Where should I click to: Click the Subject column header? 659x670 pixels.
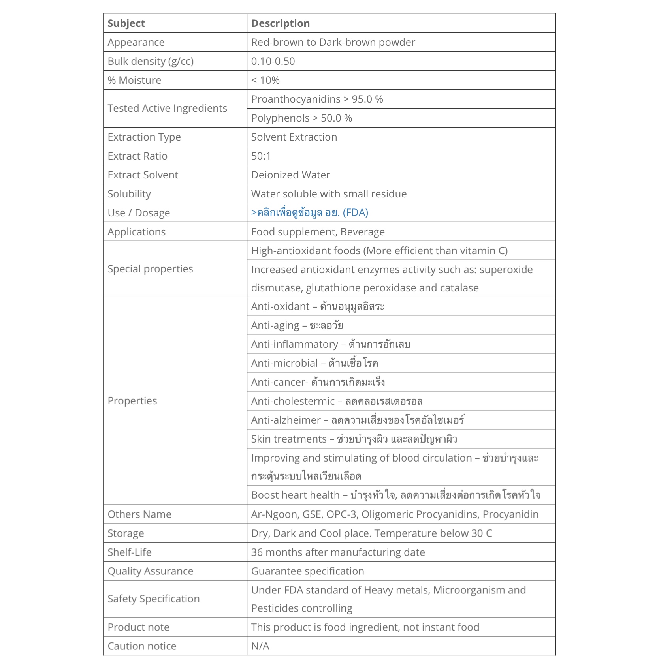126,23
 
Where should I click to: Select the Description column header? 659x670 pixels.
281,23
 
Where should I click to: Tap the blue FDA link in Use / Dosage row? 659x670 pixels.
310,213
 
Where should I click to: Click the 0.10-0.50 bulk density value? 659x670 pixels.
273,61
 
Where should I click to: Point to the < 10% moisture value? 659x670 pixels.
265,80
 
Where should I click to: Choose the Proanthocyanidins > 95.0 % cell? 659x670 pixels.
317,99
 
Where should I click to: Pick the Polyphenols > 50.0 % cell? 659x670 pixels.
301,118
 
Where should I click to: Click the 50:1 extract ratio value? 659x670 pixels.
261,156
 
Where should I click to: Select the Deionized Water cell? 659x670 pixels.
291,175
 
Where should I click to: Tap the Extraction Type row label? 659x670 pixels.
144,137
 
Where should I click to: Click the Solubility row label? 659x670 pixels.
129,194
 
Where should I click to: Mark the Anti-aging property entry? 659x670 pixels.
297,325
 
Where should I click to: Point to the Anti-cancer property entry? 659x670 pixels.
318,382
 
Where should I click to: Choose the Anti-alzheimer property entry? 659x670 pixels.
358,420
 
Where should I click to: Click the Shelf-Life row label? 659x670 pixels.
130,552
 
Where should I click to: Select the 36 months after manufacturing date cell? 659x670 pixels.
338,552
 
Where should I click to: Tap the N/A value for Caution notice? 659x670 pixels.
260,646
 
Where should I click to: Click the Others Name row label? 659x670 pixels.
139,514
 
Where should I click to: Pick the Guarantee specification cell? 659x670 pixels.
308,571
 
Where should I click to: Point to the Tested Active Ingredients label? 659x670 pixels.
168,108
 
